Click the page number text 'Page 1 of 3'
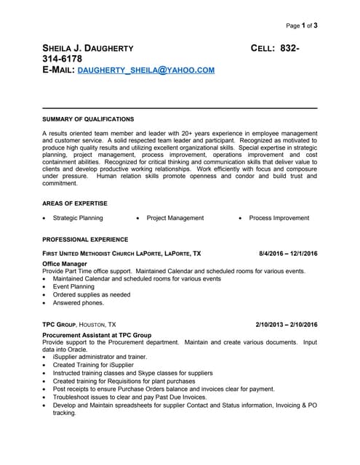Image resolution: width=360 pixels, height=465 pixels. [x=301, y=25]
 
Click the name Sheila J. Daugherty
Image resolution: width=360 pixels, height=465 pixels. [x=88, y=48]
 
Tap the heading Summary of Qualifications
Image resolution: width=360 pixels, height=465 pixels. [x=88, y=118]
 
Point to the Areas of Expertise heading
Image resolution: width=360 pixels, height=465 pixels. [x=75, y=203]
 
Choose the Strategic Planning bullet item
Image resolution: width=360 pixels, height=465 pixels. [x=78, y=218]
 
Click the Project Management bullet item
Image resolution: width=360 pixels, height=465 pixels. [x=175, y=218]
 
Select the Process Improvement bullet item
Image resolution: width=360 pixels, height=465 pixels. [x=279, y=218]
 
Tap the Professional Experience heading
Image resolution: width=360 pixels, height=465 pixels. [x=85, y=239]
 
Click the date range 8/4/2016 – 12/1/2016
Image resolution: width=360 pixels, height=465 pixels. [x=288, y=253]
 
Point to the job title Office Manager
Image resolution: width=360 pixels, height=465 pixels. [x=65, y=264]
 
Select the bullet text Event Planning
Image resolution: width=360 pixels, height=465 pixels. [x=73, y=286]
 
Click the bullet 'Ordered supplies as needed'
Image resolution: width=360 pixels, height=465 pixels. [x=92, y=295]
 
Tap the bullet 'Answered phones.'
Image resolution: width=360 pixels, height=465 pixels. [x=79, y=303]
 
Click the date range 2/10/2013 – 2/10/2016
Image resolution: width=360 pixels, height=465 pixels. [x=287, y=324]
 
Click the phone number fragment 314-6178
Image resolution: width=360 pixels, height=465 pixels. [x=62, y=59]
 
